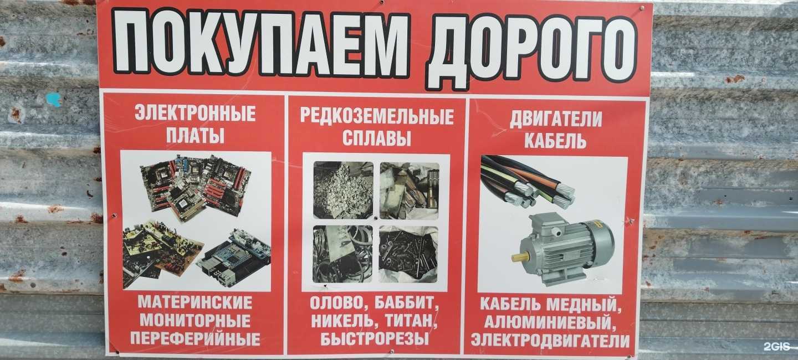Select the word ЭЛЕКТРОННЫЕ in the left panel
(x=195, y=114)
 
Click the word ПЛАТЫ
(x=195, y=136)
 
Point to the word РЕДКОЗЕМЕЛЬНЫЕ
(x=377, y=116)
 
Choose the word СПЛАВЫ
(x=377, y=138)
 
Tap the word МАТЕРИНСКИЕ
(x=195, y=303)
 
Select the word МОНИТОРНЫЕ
(x=195, y=321)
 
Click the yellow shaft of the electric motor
(x=520, y=257)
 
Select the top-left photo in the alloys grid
(x=343, y=190)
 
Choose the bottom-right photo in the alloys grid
(x=408, y=254)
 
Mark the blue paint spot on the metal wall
(x=53, y=100)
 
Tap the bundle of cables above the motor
(x=526, y=180)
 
